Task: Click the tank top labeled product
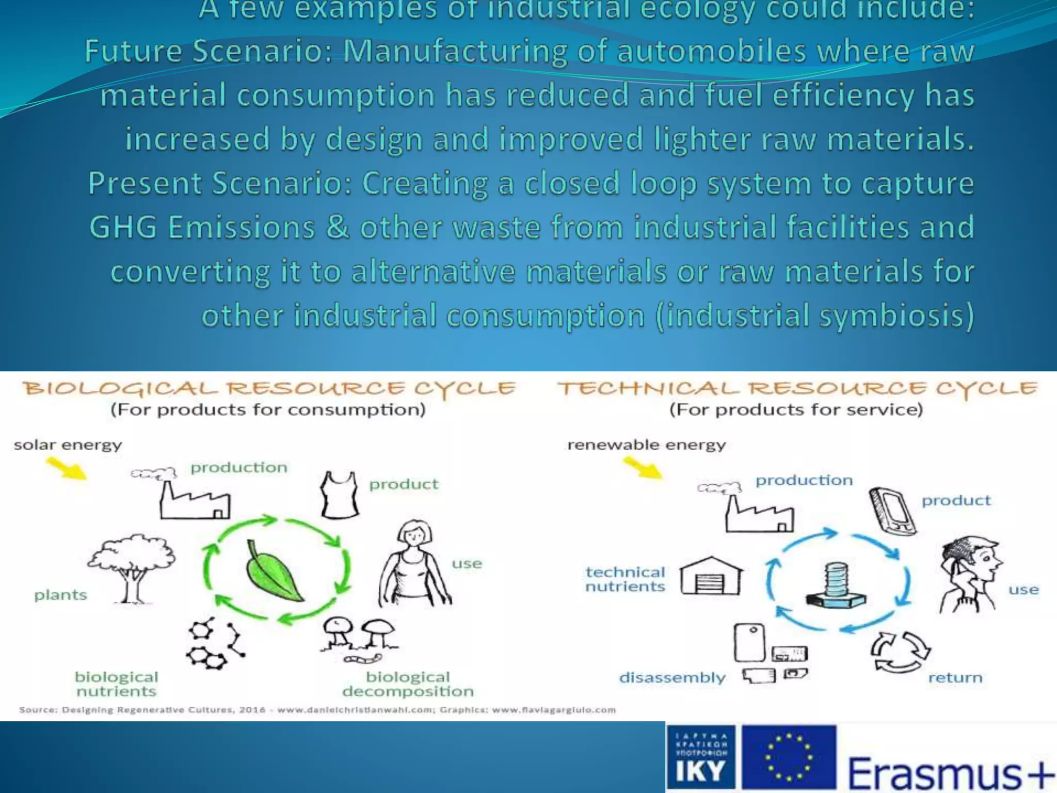340,495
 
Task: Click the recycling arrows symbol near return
900,652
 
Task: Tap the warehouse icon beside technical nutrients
711,576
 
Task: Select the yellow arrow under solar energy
67,468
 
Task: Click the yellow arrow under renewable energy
643,468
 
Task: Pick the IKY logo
700,757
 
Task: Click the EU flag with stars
789,757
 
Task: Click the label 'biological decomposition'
408,684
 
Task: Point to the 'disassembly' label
672,677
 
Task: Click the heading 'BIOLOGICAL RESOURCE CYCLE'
268,388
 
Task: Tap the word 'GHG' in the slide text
123,227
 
